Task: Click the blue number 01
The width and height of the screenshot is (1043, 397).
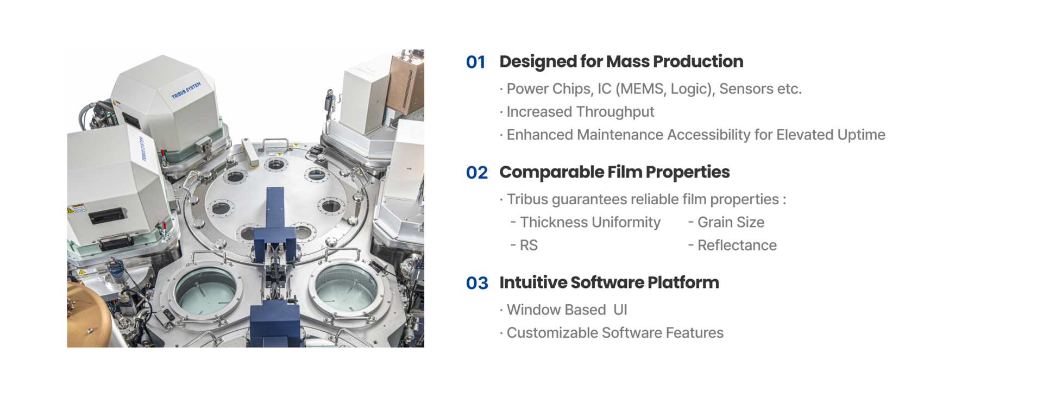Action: (x=475, y=62)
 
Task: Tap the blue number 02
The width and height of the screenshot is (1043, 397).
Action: (x=476, y=173)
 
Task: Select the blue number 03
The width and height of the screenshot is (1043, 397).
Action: (x=477, y=283)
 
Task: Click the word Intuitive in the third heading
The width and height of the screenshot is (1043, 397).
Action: (x=532, y=282)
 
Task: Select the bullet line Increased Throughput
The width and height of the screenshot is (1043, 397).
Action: (x=580, y=112)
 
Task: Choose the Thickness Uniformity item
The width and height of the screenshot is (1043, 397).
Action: (x=590, y=222)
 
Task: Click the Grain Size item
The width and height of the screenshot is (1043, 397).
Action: (x=730, y=222)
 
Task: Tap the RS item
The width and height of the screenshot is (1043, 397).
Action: (x=528, y=245)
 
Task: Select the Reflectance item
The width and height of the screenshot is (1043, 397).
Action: (x=737, y=245)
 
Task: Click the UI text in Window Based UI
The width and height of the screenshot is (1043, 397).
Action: (x=620, y=310)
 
